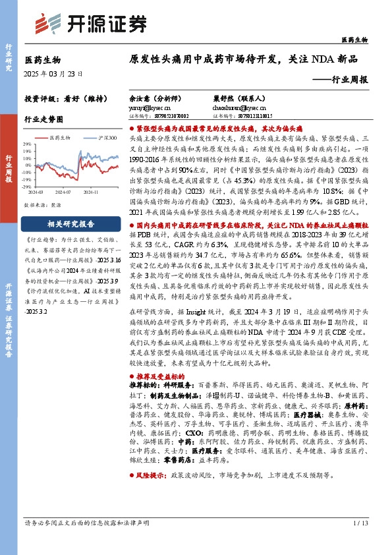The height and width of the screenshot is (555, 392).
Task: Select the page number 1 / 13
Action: coord(360,542)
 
